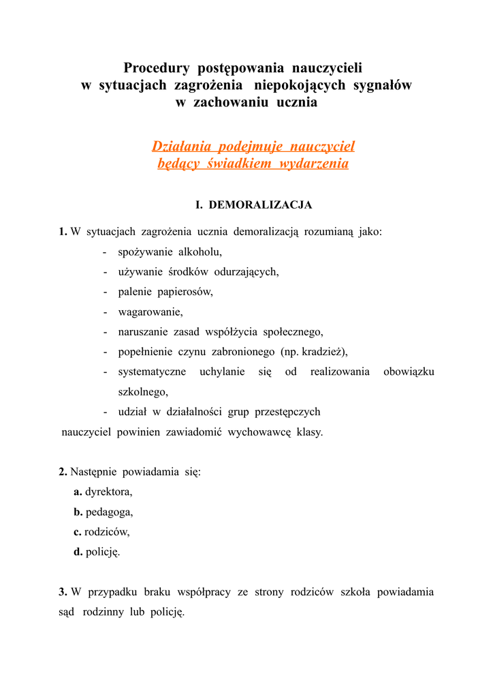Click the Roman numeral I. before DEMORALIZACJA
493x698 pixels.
(x=200, y=204)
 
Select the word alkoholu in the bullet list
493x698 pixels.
(x=200, y=252)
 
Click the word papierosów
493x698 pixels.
(x=185, y=292)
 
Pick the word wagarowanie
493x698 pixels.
(x=150, y=312)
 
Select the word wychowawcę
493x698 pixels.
(x=259, y=432)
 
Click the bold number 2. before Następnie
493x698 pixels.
(x=63, y=472)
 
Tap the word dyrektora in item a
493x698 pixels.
(x=109, y=491)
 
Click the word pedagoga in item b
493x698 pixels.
(x=109, y=512)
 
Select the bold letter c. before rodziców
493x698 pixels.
(x=78, y=532)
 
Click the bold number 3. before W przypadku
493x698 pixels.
(x=63, y=592)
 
